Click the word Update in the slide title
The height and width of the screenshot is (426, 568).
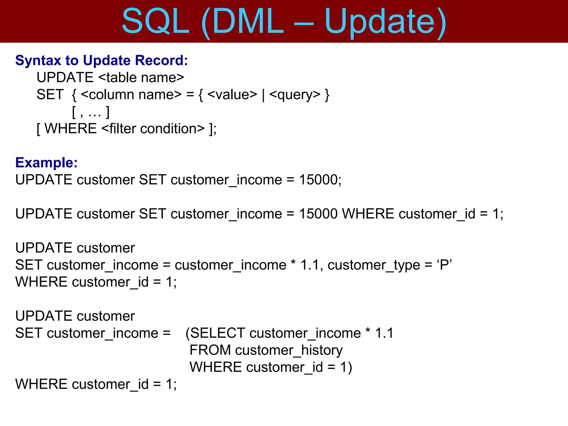(x=379, y=22)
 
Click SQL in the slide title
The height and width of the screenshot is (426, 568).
(x=156, y=22)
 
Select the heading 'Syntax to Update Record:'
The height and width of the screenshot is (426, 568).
(x=102, y=60)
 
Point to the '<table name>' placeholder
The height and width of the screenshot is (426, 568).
(x=141, y=77)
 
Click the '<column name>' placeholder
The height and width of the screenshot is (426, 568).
(x=131, y=95)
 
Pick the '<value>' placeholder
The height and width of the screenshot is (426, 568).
(x=232, y=95)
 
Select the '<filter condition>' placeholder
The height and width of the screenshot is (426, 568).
(x=153, y=129)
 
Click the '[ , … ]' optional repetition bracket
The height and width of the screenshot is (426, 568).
(x=91, y=112)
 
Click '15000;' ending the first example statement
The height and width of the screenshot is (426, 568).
(x=320, y=180)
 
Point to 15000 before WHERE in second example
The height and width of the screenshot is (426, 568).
(x=318, y=214)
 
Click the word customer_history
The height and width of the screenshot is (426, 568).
(x=289, y=350)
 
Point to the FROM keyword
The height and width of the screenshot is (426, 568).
(x=210, y=350)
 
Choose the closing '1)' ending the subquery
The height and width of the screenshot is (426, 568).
(x=346, y=367)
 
